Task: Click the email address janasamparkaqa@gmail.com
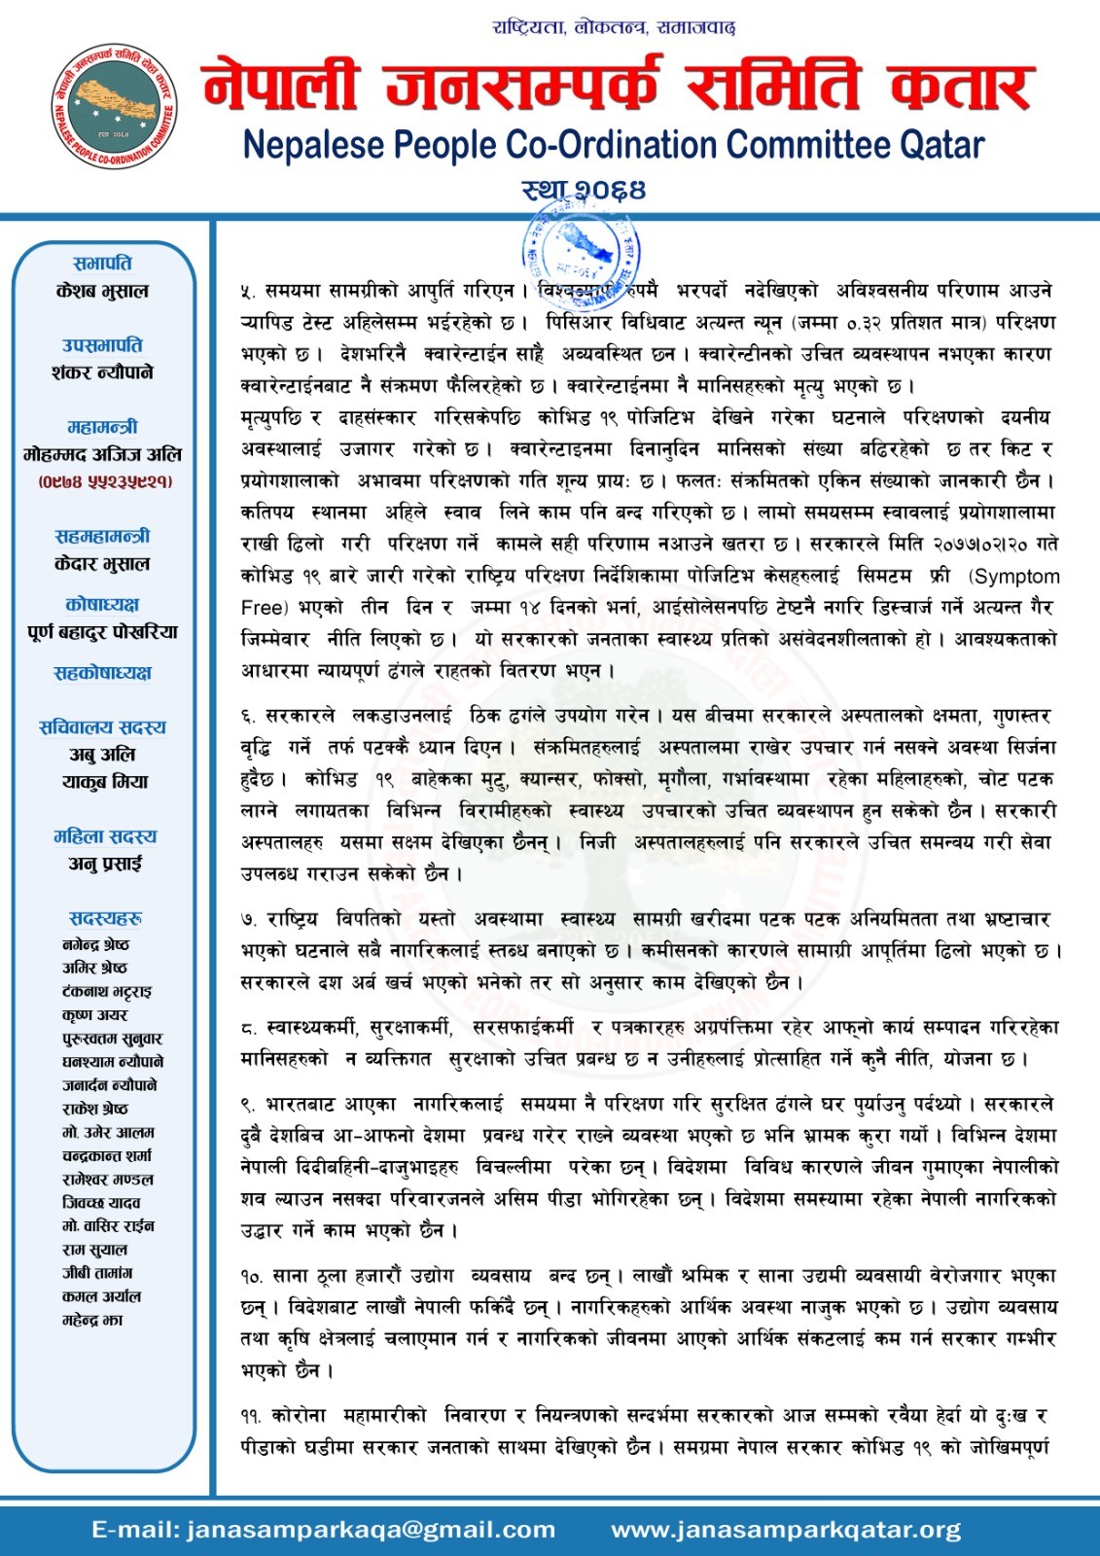point(323,1530)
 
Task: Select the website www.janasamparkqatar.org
point(785,1530)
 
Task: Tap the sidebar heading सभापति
point(102,264)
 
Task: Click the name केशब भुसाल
point(102,291)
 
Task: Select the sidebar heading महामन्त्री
point(102,427)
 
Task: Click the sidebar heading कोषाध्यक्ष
point(102,605)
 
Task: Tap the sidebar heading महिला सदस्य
point(104,836)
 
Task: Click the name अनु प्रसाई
point(104,864)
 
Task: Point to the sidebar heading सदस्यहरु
point(105,919)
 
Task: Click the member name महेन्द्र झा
point(92,1320)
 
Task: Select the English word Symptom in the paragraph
point(1016,577)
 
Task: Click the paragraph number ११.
point(251,1416)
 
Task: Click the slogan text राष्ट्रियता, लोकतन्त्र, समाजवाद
point(614,27)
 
